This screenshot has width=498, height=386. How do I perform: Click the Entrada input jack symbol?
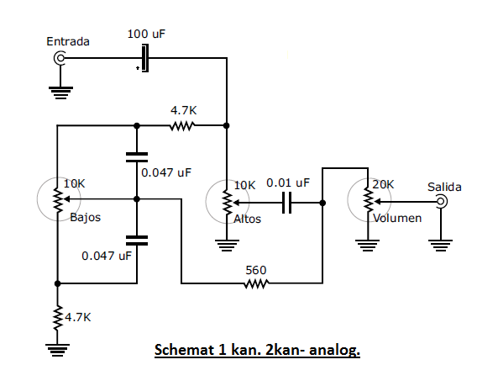point(60,58)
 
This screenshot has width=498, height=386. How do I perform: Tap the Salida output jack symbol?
point(442,202)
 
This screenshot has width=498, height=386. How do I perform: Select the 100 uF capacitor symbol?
point(144,58)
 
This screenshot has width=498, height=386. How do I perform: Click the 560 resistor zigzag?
point(256,283)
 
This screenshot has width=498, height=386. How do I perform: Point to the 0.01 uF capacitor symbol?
point(287,203)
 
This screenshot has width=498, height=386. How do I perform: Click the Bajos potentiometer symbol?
point(59,199)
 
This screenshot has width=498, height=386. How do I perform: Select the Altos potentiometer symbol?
point(228,202)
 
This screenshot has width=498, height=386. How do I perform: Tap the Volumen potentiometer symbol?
point(369,200)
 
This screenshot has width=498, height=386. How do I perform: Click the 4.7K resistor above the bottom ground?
point(57,318)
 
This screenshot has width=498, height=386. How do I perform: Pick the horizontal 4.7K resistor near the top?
point(182,126)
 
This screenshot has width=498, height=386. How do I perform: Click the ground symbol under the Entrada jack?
point(60,93)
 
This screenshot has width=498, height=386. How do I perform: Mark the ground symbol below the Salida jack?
point(441,246)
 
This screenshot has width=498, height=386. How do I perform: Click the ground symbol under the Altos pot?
point(227,246)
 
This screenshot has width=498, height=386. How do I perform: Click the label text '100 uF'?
point(146,34)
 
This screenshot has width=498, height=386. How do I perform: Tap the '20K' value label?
point(383,184)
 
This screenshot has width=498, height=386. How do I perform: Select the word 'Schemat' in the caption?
point(184,350)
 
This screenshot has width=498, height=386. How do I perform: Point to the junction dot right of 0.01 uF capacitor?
point(322,203)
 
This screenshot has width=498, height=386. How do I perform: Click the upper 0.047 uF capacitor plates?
point(137,157)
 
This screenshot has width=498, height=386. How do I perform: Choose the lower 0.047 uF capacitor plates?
point(137,241)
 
